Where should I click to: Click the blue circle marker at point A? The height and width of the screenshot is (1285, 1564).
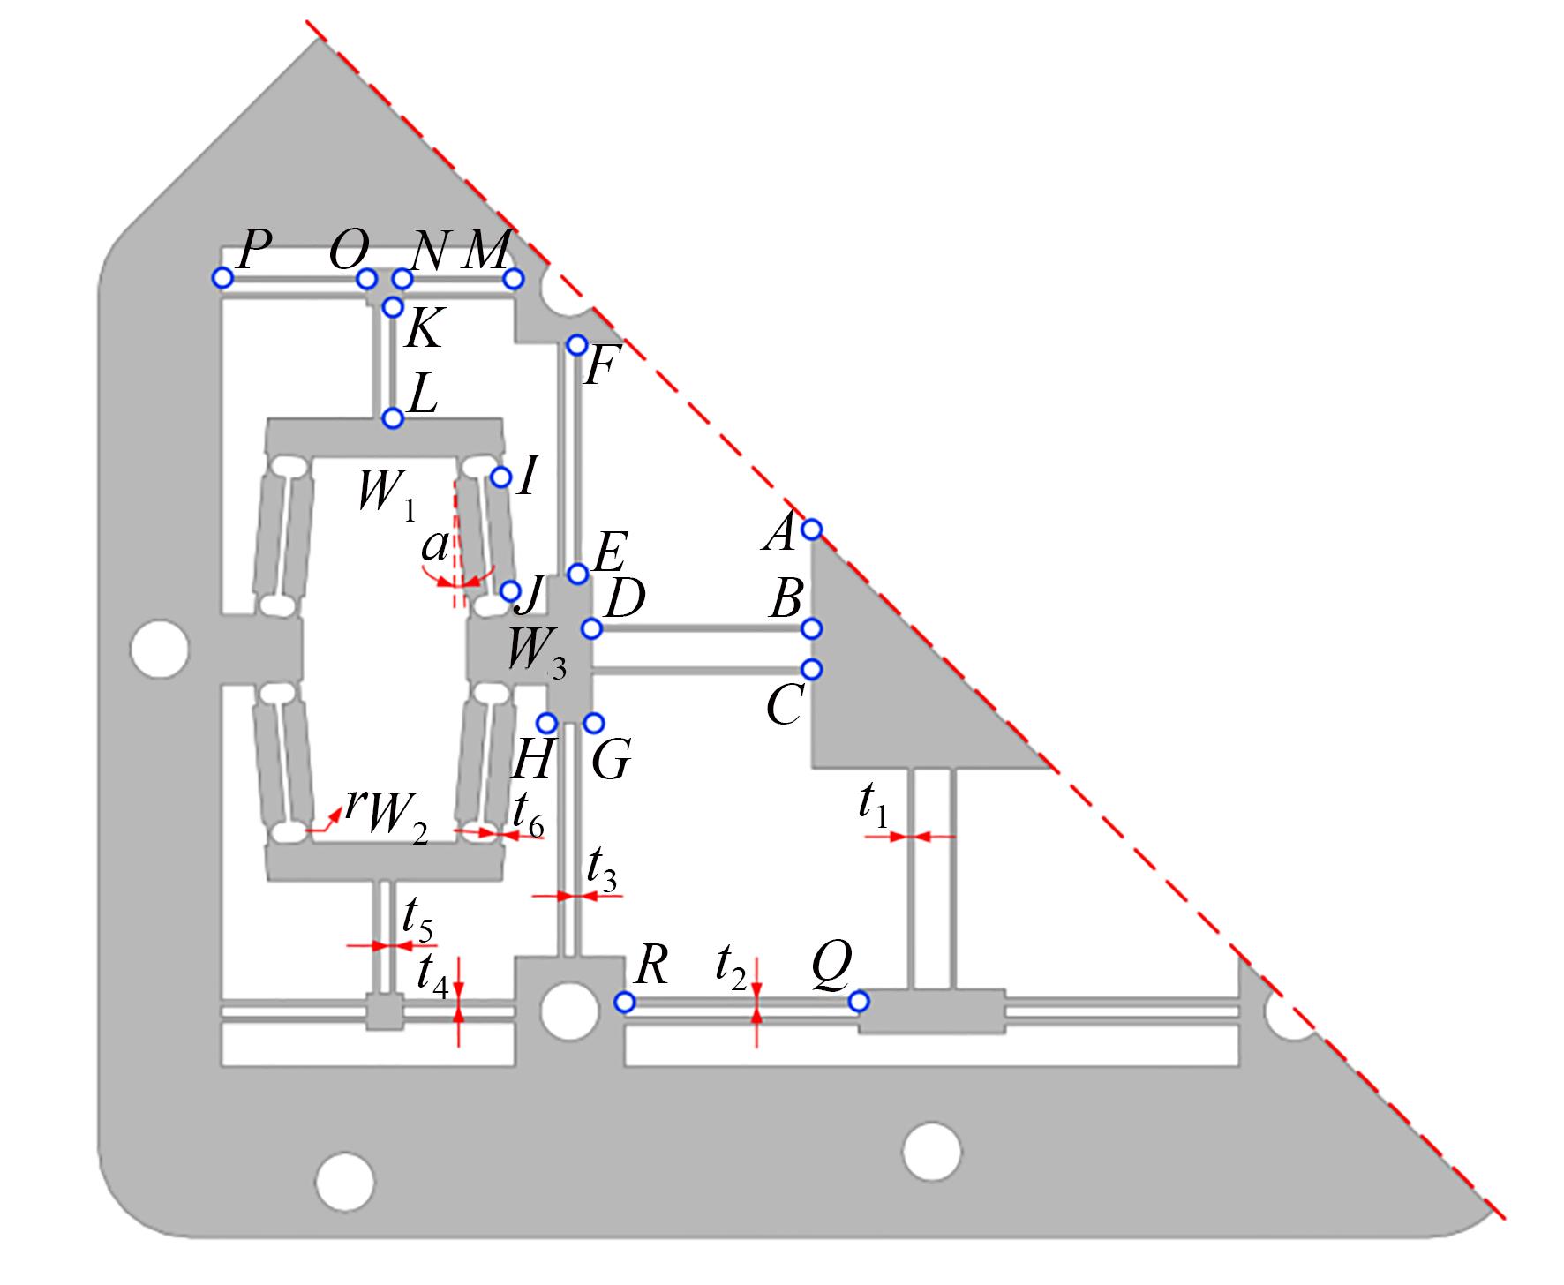pyautogui.click(x=812, y=530)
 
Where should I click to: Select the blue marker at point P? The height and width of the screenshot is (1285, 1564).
pyautogui.click(x=222, y=279)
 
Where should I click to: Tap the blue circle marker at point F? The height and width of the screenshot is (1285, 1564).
pyautogui.click(x=576, y=344)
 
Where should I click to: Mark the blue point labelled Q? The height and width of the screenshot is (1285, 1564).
pyautogui.click(x=858, y=1002)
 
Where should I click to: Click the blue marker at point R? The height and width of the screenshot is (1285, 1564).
pyautogui.click(x=624, y=1003)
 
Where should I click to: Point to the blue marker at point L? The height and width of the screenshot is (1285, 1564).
pyautogui.click(x=393, y=418)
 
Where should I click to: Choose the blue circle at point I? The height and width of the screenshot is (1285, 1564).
pyautogui.click(x=500, y=477)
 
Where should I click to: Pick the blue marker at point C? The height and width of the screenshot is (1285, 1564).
pyautogui.click(x=812, y=669)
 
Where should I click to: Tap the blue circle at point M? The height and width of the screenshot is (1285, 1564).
pyautogui.click(x=514, y=280)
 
